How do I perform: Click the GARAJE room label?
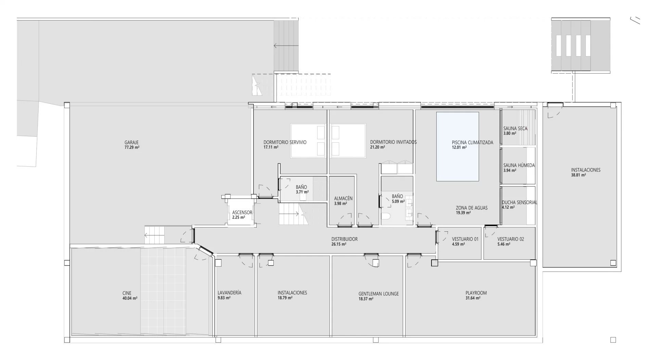[131, 143]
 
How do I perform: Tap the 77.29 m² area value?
[132, 147]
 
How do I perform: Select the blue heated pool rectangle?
[457, 146]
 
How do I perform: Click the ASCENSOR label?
[242, 213]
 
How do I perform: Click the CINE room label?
[127, 293]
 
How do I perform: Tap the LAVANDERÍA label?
[229, 293]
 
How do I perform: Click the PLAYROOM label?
[476, 293]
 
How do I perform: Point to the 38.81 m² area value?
[578, 175]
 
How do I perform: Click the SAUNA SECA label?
[515, 129]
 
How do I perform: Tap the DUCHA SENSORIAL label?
[519, 203]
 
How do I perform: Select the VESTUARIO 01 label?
[465, 239]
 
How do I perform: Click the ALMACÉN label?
[343, 198]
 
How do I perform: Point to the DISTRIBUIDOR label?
[345, 239]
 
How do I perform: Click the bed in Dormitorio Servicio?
[308, 141]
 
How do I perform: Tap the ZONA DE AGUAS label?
[472, 208]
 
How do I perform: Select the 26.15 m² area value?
[339, 244]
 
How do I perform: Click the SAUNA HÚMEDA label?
[519, 165]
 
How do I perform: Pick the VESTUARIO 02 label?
[511, 239]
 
